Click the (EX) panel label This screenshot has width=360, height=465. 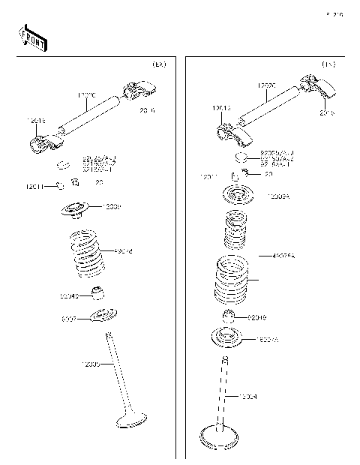click(x=158, y=65)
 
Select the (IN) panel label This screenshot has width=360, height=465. click(x=328, y=65)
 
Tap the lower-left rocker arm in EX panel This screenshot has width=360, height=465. click(x=43, y=140)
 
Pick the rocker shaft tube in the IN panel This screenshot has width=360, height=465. click(x=265, y=107)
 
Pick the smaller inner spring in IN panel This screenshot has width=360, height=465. click(x=234, y=230)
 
